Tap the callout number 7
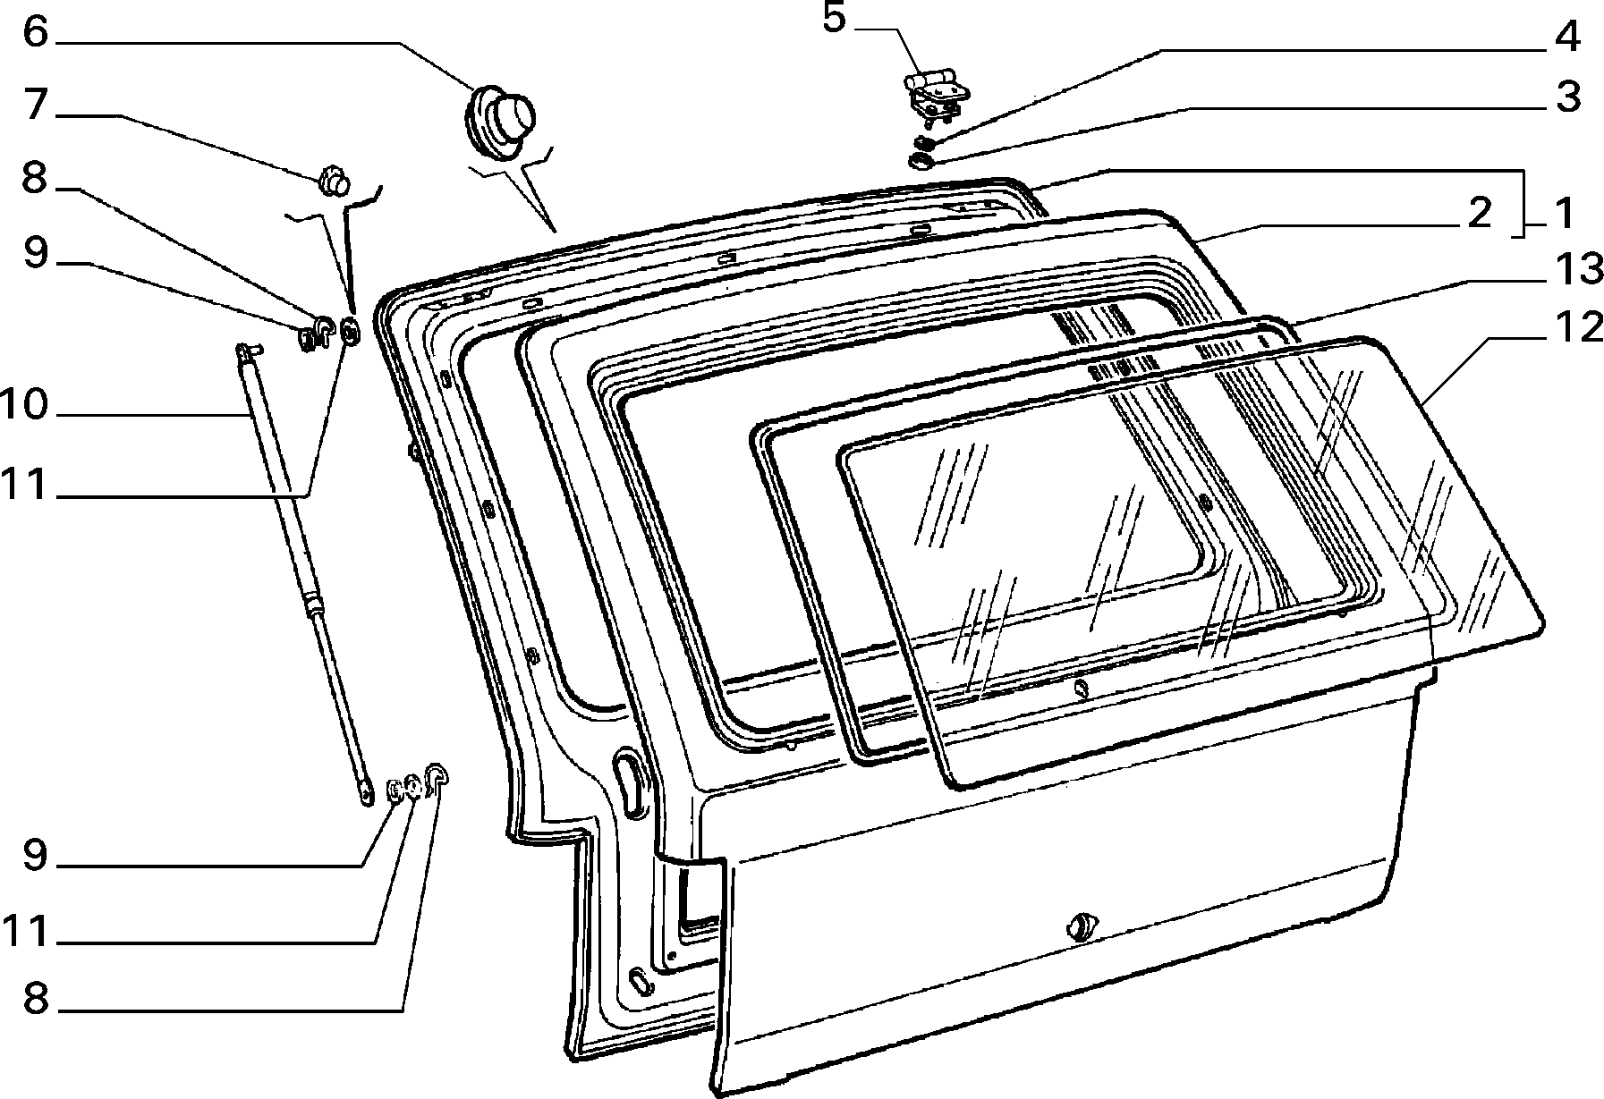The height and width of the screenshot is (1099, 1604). pyautogui.click(x=35, y=105)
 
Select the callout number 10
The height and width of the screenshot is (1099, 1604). pyautogui.click(x=24, y=405)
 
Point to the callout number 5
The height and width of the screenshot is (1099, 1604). pyautogui.click(x=834, y=19)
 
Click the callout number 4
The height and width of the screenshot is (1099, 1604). pyautogui.click(x=1566, y=38)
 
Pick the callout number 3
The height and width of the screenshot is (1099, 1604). pyautogui.click(x=1567, y=97)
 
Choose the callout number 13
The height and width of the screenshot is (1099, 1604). pyautogui.click(x=1575, y=268)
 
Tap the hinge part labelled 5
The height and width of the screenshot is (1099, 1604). pyautogui.click(x=936, y=95)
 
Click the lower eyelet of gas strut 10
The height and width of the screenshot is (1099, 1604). pyautogui.click(x=366, y=791)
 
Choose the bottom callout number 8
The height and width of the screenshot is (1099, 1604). pyautogui.click(x=34, y=996)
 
